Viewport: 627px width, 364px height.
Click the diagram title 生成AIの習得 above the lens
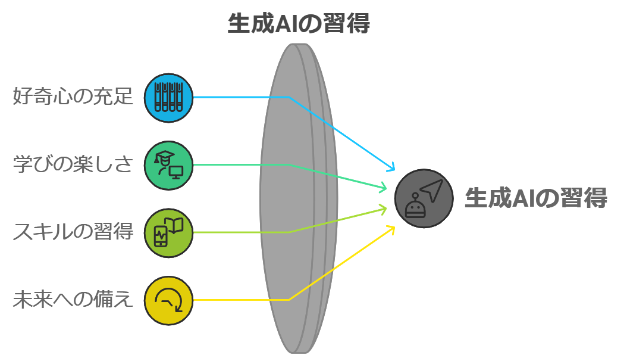[x=298, y=23]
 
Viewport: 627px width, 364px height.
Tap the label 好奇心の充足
[x=73, y=97]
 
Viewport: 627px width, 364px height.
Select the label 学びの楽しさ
[x=73, y=164]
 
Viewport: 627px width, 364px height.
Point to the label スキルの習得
[x=73, y=232]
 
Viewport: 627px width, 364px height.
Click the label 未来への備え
[x=73, y=300]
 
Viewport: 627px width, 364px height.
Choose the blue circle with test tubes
[x=168, y=98]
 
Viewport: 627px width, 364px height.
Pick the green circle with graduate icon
[x=168, y=166]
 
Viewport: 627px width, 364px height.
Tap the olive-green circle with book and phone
[x=168, y=233]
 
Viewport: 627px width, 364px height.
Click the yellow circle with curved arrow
[x=168, y=300]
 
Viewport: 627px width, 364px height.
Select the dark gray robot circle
[x=424, y=198]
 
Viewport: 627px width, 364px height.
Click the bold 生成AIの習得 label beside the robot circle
[x=536, y=198]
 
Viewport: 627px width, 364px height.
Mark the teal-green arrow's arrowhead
[x=383, y=187]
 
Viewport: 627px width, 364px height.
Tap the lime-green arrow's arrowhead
[x=383, y=209]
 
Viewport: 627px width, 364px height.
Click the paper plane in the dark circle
[x=432, y=189]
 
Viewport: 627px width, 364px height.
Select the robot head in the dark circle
[x=415, y=206]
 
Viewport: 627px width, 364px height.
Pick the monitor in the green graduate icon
[x=176, y=172]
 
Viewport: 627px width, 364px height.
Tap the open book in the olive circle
[x=174, y=225]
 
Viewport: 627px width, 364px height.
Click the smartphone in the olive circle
[x=161, y=237]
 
